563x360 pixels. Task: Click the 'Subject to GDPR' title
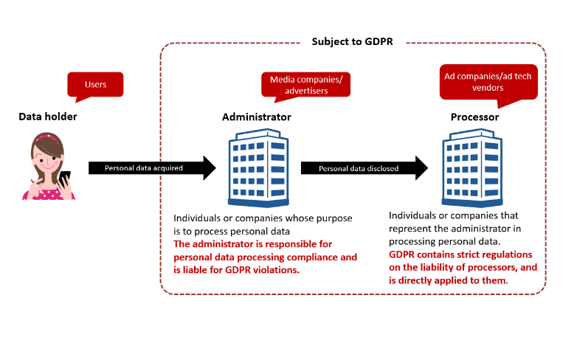click(x=351, y=41)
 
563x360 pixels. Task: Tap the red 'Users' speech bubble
click(x=95, y=84)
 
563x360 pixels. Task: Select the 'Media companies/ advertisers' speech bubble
click(x=305, y=84)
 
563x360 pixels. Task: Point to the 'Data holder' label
click(x=48, y=117)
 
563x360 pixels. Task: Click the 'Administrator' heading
click(x=256, y=117)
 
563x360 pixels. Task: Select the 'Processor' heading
click(x=474, y=117)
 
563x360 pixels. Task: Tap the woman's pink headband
click(x=46, y=137)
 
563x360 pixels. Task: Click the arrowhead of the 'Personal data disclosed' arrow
click(x=418, y=168)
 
